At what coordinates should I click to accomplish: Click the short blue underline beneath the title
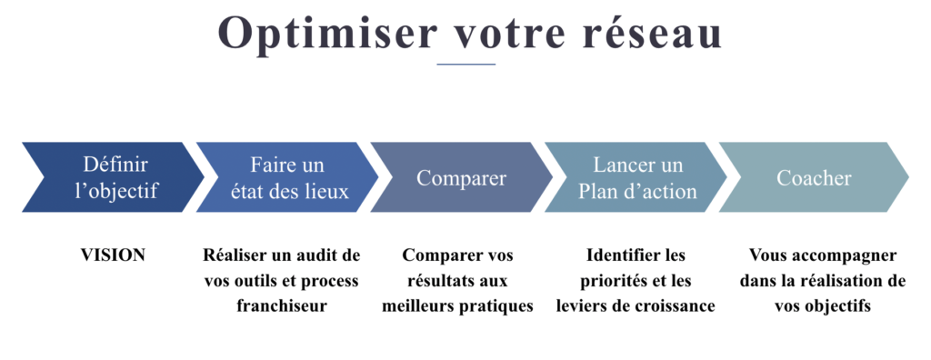465,65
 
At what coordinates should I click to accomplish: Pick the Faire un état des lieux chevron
285,177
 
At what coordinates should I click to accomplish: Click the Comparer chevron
460,177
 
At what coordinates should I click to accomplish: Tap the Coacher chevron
812,177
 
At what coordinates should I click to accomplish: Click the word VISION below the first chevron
114,255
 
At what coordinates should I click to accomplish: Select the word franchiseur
282,306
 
